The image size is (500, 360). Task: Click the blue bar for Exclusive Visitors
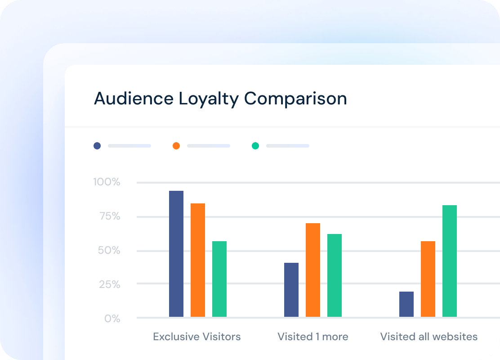coord(176,254)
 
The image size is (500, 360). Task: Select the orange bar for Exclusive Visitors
coord(198,260)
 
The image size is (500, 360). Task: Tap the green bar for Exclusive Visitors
coord(219,279)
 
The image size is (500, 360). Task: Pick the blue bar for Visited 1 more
coord(291,290)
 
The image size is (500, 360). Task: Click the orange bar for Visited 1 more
coord(313,270)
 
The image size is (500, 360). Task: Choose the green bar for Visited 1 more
coord(335,275)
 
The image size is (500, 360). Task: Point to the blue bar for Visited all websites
coord(406,304)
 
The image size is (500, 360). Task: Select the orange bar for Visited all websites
coord(428,279)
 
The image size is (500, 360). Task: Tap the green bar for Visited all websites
coord(450,261)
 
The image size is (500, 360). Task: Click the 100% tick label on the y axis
coord(107,182)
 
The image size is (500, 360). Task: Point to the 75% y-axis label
coord(109,216)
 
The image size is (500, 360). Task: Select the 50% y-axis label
coord(109,251)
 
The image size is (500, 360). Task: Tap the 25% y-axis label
coord(109,284)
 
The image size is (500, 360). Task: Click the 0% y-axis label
coord(112,319)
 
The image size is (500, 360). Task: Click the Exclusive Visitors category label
coord(197,337)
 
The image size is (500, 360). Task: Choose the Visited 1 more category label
coord(313,337)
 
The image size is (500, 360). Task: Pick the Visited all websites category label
coord(429,337)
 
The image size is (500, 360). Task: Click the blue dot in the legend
coord(97,146)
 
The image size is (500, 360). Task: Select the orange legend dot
coord(176,146)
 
